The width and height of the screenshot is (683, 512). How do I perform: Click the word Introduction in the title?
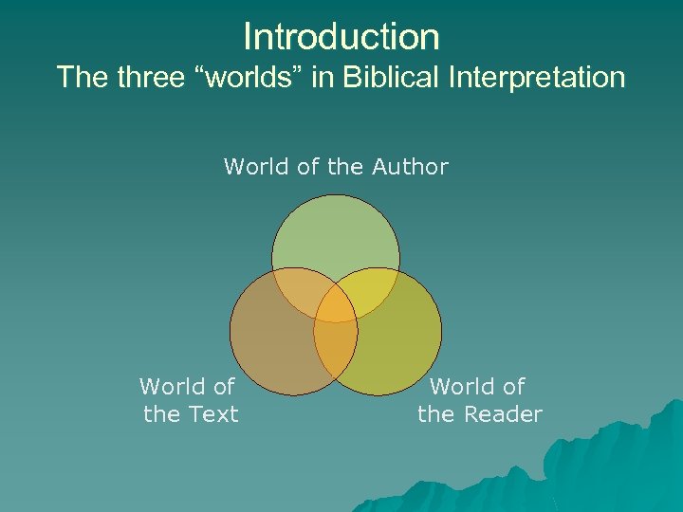(x=341, y=37)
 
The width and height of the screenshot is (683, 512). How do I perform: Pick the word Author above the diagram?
(x=410, y=168)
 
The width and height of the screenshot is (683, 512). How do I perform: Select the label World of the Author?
(x=336, y=168)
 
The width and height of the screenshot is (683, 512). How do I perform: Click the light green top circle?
(x=336, y=237)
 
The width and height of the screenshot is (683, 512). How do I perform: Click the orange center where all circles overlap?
(x=336, y=308)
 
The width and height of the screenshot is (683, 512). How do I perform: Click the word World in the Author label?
(x=256, y=168)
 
